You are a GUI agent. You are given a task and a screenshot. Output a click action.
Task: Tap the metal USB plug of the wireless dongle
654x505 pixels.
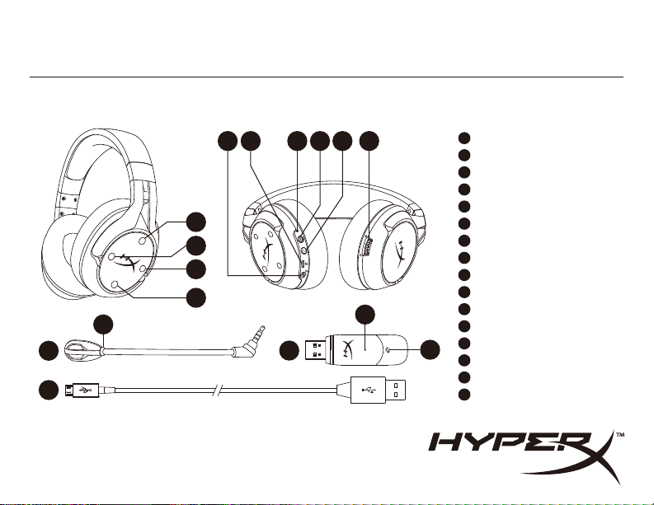point(318,349)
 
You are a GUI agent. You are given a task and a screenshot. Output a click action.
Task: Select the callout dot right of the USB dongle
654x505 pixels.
point(428,349)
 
